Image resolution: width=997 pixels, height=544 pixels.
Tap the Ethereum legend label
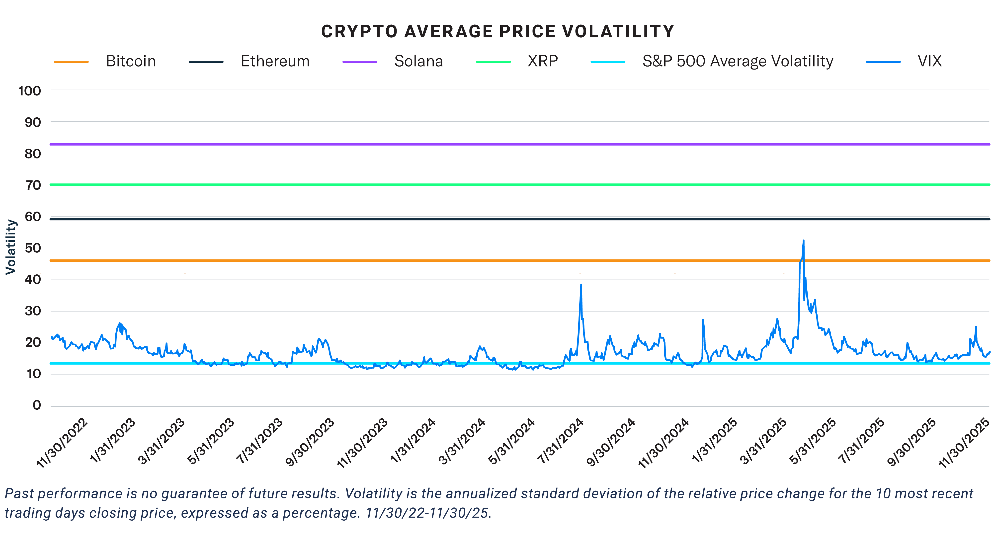point(275,61)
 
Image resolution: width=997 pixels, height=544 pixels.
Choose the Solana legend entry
point(418,61)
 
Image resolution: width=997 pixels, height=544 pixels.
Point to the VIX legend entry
point(929,61)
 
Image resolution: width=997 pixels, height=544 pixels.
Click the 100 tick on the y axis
point(29,91)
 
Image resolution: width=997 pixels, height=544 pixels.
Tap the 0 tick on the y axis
point(37,405)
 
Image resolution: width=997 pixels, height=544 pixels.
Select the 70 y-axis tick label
point(33,185)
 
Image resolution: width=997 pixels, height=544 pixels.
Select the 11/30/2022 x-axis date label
point(62,443)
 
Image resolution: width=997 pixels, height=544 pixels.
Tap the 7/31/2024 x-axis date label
point(560,441)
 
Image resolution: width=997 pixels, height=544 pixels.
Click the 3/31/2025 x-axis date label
point(763,441)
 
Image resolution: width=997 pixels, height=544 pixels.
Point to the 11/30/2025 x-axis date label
point(964,443)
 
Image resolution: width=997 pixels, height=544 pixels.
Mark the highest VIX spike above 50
point(804,241)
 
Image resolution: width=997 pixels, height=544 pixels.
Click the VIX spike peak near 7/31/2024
point(581,285)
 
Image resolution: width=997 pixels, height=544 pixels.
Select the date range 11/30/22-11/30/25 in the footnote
point(428,513)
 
